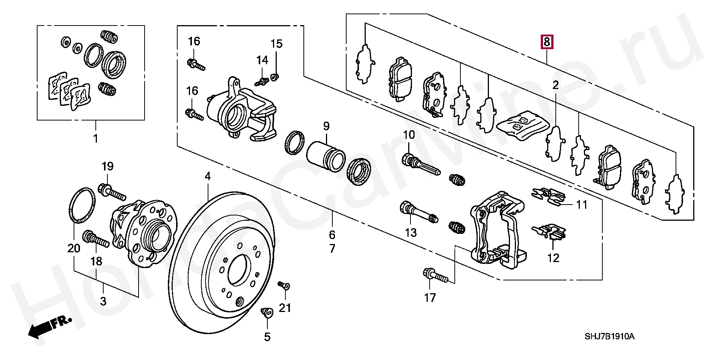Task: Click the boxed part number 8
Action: pos(546,42)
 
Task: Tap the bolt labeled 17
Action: pos(436,276)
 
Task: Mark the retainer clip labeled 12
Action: pos(549,232)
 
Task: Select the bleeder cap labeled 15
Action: pos(275,77)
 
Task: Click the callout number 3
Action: pos(103,301)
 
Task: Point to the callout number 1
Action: pos(95,139)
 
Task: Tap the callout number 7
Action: pos(332,249)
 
